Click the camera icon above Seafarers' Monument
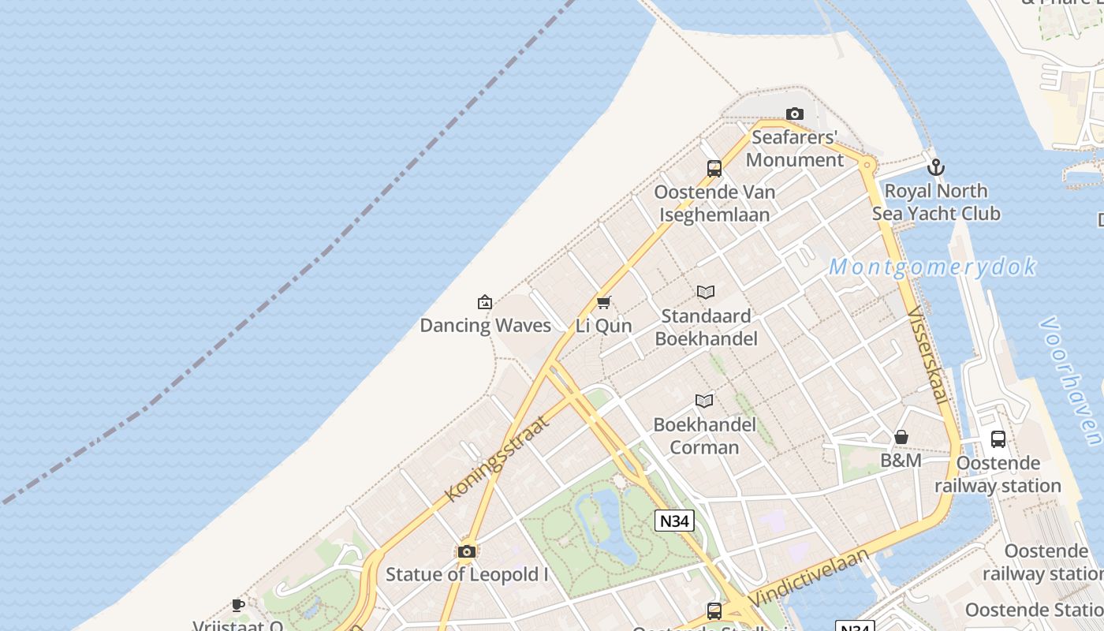[795, 114]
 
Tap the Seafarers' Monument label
[795, 148]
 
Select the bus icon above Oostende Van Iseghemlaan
[714, 168]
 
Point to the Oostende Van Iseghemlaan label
[714, 203]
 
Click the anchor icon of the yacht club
[936, 167]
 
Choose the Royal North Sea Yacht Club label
[936, 202]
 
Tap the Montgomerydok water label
[932, 267]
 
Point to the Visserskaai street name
[927, 355]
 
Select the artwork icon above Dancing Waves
[485, 302]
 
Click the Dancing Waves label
[485, 325]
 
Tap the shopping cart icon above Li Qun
[604, 302]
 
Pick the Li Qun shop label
[604, 326]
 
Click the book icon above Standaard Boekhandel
[706, 293]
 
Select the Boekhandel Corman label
[705, 435]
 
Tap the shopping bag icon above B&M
[901, 437]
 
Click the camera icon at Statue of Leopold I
[467, 551]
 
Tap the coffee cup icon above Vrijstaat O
[238, 606]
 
